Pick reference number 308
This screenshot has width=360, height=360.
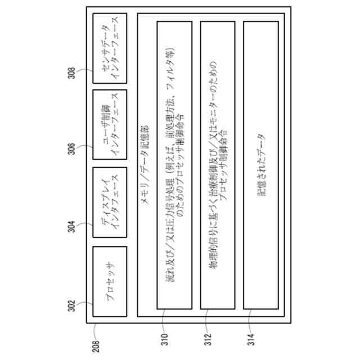(72, 75)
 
